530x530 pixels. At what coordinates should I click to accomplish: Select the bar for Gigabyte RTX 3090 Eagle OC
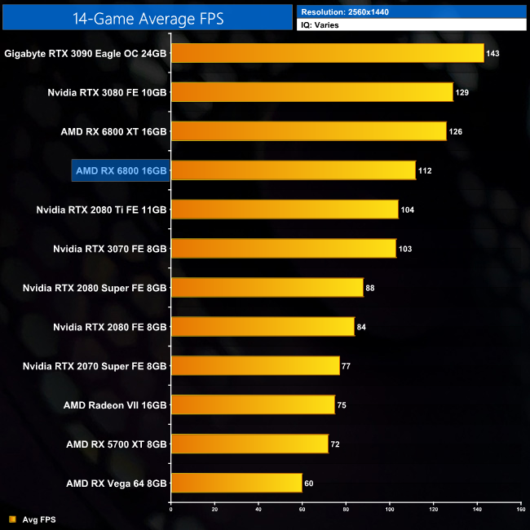(327, 54)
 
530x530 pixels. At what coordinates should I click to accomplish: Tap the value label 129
(462, 93)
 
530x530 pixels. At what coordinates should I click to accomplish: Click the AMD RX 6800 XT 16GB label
(113, 131)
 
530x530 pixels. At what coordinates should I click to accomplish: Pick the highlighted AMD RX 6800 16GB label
(120, 170)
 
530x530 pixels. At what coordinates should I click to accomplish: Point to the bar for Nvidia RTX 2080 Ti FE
(284, 210)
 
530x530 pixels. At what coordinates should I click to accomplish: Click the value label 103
(405, 249)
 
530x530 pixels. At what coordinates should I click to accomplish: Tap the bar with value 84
(263, 327)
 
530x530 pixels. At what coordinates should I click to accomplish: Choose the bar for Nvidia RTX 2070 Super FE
(254, 366)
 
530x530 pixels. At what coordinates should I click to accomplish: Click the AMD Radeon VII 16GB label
(115, 405)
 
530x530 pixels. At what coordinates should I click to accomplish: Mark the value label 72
(338, 444)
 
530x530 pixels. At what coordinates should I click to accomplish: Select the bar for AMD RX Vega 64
(236, 484)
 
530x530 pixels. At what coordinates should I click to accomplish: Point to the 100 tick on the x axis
(389, 510)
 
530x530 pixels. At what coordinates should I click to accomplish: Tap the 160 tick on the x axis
(519, 510)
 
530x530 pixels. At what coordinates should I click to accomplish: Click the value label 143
(492, 54)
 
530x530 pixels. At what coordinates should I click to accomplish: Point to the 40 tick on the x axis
(258, 510)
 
